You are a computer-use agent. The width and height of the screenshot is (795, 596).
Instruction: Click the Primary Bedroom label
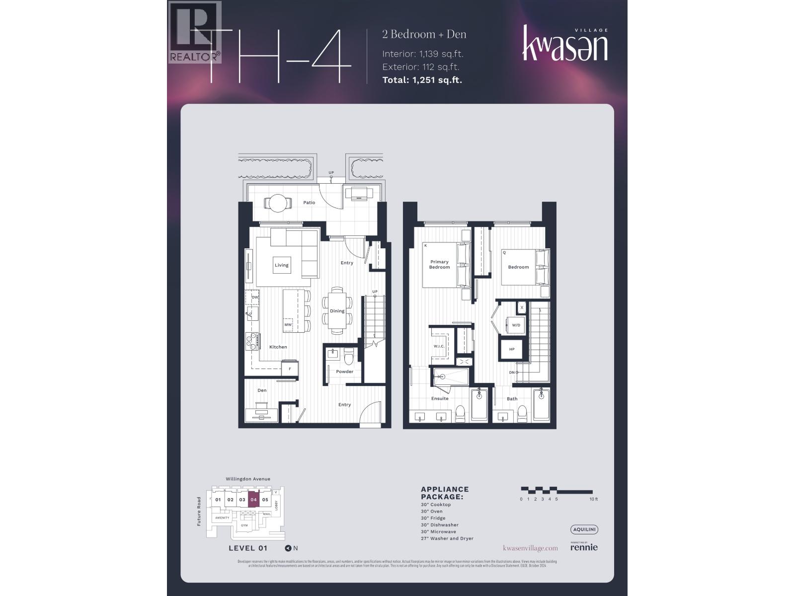(x=439, y=264)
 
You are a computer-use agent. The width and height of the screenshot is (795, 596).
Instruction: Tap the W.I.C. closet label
(x=439, y=346)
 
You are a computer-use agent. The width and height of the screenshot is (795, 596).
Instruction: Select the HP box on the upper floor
(x=512, y=349)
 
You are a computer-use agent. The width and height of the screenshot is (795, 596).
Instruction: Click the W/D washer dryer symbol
(x=516, y=325)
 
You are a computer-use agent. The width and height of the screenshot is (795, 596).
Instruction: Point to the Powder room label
(x=344, y=372)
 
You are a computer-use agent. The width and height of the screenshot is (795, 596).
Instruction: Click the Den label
(x=262, y=390)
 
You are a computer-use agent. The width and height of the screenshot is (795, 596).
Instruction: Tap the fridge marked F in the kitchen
(x=290, y=369)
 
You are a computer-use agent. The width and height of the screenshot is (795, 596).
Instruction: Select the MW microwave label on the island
(x=288, y=325)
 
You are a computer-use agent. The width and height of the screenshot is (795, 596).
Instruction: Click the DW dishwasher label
(x=255, y=297)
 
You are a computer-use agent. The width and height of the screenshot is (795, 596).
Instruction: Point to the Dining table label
(x=337, y=311)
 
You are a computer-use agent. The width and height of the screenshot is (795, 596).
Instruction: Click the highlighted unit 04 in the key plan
(x=253, y=500)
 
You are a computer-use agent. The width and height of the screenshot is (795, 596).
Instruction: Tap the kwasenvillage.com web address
(x=530, y=548)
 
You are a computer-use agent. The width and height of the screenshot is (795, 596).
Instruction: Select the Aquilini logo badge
(x=584, y=529)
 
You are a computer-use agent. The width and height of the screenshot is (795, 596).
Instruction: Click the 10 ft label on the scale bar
(x=593, y=499)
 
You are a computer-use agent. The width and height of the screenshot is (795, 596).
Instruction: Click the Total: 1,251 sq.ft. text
(x=422, y=79)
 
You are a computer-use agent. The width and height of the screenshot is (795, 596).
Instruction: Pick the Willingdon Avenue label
(x=248, y=479)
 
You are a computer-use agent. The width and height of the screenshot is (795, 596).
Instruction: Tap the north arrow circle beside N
(x=288, y=548)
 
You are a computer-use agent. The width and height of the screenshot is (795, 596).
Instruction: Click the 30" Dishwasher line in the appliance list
(x=439, y=525)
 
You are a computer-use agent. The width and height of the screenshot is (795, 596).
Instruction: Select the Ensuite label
(x=439, y=398)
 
